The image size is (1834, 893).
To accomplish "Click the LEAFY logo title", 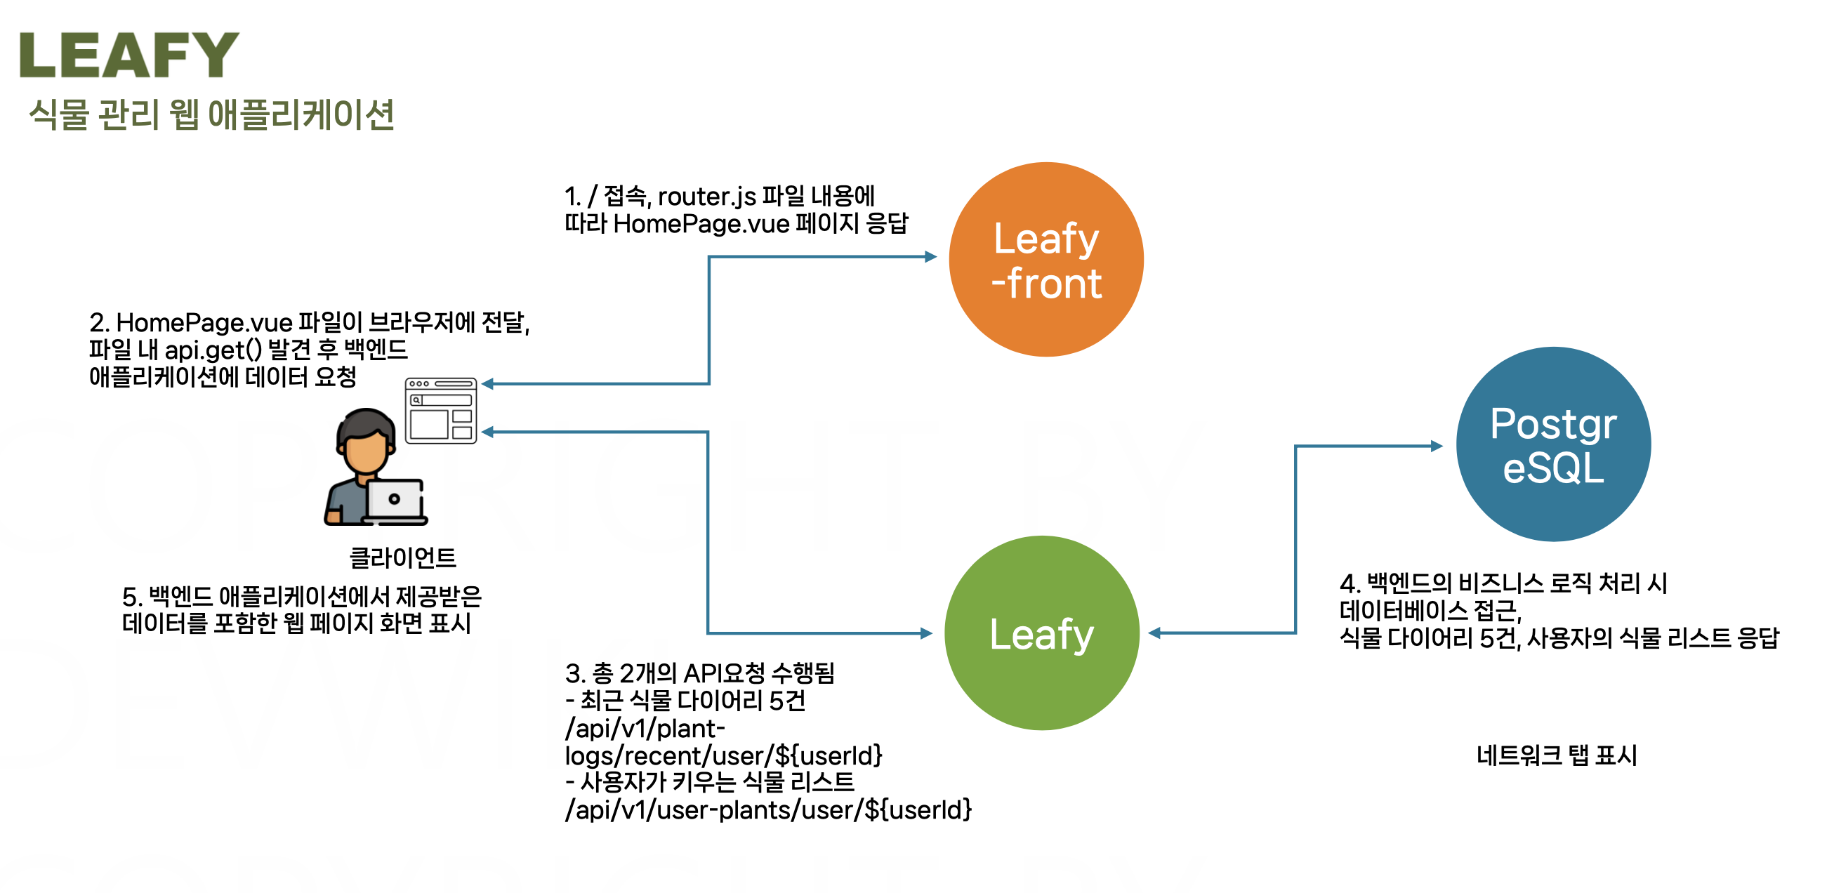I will point(129,55).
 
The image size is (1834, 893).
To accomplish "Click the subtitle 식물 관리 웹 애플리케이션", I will point(211,114).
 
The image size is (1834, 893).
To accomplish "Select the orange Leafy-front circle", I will point(1046,259).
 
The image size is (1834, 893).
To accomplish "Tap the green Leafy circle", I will point(1041,633).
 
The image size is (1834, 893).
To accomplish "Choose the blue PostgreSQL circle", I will point(1552,444).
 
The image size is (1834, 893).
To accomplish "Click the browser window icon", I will point(441,411).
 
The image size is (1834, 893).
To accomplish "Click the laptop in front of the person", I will point(395,501).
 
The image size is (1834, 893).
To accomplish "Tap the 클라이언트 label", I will point(402,557).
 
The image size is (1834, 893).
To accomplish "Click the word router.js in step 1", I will point(706,196).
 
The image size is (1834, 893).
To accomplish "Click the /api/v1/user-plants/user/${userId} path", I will point(768,809).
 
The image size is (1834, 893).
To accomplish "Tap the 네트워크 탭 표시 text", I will point(1557,755).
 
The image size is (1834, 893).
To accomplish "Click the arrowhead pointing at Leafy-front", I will point(930,256).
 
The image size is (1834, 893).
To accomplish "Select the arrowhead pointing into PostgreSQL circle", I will point(1437,446).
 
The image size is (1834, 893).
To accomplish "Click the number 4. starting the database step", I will point(1350,584).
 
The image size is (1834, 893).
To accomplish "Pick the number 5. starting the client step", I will point(133,596).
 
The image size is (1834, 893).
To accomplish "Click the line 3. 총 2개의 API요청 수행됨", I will point(699,673).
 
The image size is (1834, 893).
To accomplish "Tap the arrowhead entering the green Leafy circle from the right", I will point(1155,633).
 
